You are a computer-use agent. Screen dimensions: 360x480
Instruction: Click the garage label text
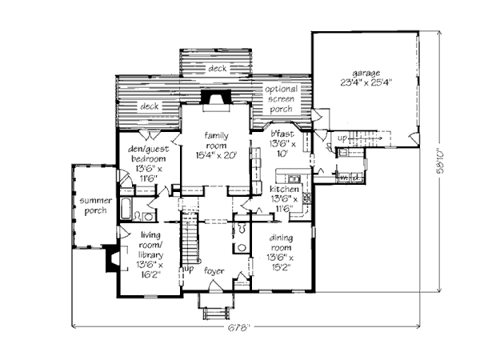365,73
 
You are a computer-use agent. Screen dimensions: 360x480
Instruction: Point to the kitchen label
284,198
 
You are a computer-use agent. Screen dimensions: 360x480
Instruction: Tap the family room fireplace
216,98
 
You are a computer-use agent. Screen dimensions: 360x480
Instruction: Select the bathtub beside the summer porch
127,212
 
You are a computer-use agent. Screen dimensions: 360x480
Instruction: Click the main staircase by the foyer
190,240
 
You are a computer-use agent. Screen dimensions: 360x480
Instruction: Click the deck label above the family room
217,69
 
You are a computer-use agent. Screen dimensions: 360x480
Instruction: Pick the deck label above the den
150,106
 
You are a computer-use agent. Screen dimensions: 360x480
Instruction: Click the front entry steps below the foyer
215,310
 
